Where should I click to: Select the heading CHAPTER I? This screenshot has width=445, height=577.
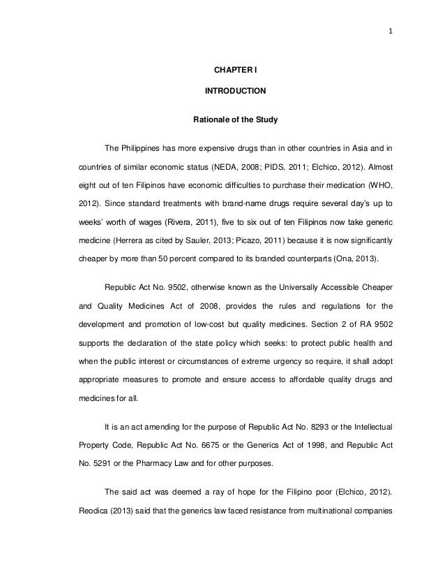click(x=234, y=71)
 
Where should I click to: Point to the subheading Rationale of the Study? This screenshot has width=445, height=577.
click(x=234, y=120)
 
